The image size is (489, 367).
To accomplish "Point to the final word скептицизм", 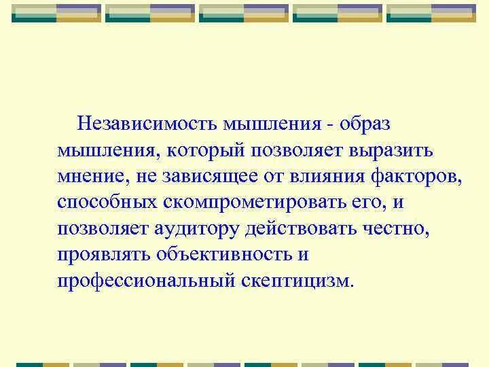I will tap(297, 281).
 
